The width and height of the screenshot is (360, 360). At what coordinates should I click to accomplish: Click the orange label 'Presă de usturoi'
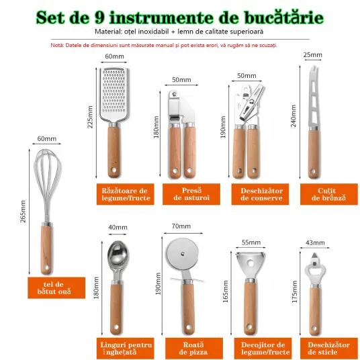[191, 194]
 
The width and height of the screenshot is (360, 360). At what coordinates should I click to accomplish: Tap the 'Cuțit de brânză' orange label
[329, 194]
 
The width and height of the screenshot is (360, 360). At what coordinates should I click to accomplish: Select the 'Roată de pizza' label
[194, 348]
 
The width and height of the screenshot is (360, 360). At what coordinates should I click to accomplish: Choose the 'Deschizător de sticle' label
[329, 348]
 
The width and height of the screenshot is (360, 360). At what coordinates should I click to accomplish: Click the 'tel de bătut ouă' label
[56, 288]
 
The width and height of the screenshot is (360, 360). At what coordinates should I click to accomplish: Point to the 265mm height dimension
[23, 211]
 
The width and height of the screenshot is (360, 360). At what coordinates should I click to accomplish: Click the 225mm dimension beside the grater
[90, 117]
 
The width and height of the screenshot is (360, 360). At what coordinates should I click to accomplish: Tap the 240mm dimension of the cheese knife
[294, 116]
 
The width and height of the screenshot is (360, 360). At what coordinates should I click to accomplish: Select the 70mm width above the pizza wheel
[181, 226]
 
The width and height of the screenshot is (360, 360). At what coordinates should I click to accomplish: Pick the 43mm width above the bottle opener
[315, 242]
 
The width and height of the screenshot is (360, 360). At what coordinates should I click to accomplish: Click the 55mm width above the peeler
[251, 242]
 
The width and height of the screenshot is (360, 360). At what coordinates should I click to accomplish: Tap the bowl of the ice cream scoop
[118, 253]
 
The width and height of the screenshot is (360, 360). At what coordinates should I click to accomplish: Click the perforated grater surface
[114, 91]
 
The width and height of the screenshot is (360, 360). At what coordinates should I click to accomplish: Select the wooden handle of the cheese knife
[313, 154]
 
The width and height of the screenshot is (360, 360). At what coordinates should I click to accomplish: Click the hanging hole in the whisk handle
[47, 268]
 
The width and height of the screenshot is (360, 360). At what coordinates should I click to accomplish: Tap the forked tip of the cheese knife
[314, 69]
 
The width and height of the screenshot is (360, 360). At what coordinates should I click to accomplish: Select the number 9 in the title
[99, 18]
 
